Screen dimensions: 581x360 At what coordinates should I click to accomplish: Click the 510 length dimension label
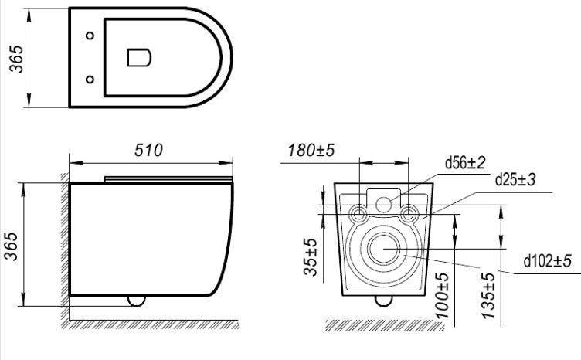coord(148,150)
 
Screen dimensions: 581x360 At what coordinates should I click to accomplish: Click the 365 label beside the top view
coord(16,59)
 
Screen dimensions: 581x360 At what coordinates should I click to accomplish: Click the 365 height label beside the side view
coord(11,246)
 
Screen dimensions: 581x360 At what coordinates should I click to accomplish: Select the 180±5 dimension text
coord(311,150)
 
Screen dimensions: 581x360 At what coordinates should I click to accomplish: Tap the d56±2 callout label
coord(465,162)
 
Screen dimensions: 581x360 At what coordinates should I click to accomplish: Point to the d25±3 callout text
coord(515,180)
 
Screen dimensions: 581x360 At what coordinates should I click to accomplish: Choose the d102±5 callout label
coord(547,261)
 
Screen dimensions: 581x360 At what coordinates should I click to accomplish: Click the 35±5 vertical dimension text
coord(311,257)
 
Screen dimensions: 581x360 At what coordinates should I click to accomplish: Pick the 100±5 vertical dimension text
coord(442,296)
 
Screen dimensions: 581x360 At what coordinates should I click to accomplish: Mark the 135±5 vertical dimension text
coord(488,296)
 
